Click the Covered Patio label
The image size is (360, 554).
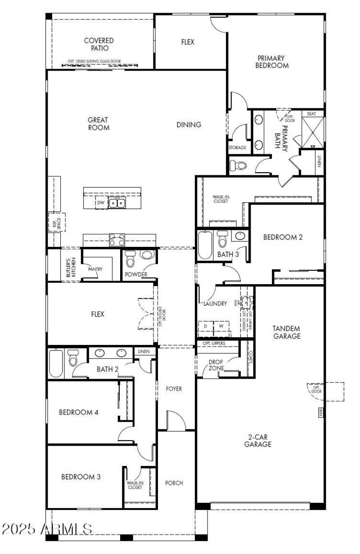point(99,44)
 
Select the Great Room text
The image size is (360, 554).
point(98,124)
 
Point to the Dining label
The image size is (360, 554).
point(189,125)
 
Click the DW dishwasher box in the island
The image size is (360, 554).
point(101,203)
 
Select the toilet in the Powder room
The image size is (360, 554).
point(130,259)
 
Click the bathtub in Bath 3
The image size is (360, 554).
point(205,245)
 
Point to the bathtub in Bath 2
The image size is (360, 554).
point(55,364)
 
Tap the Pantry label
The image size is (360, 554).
point(95,269)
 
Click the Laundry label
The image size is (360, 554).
point(215,304)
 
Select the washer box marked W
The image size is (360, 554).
point(221,326)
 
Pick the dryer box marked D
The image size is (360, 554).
point(206,326)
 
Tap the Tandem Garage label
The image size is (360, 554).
point(286,332)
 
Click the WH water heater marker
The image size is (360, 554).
point(321,412)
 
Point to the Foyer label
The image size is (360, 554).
point(174,389)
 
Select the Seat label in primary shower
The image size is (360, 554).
point(311,114)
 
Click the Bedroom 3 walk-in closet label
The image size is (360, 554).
point(135,485)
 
